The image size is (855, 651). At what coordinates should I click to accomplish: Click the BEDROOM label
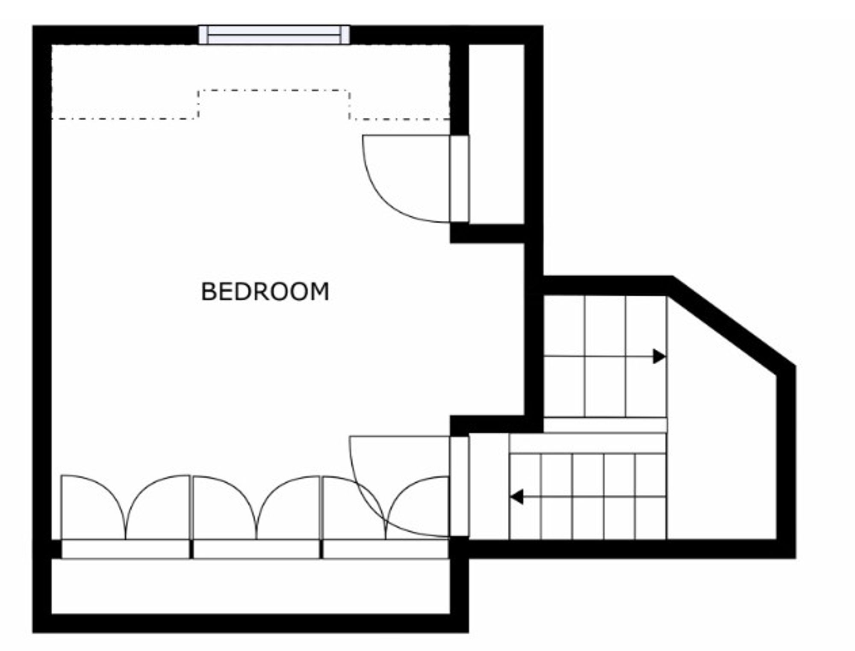pyautogui.click(x=265, y=292)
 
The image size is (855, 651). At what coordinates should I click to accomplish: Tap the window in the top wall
pyautogui.click(x=274, y=35)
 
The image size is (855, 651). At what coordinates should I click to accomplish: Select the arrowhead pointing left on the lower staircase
pyautogui.click(x=517, y=497)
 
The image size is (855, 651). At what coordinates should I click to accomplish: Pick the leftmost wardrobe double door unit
pyautogui.click(x=125, y=507)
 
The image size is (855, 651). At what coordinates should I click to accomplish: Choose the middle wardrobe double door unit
pyautogui.click(x=256, y=507)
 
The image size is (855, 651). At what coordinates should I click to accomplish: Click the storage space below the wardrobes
pyautogui.click(x=250, y=586)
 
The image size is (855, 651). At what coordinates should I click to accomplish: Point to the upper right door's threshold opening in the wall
pyautogui.click(x=459, y=178)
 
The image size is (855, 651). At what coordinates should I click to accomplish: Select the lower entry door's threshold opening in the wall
pyautogui.click(x=459, y=486)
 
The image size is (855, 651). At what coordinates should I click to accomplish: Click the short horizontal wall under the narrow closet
pyautogui.click(x=487, y=234)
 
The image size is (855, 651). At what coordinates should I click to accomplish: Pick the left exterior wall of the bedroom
pyautogui.click(x=42, y=300)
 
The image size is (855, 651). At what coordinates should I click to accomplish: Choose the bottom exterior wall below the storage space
pyautogui.click(x=250, y=623)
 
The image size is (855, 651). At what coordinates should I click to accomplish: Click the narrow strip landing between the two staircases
pyautogui.click(x=604, y=425)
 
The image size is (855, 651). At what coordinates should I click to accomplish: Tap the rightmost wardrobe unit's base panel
pyautogui.click(x=385, y=549)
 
